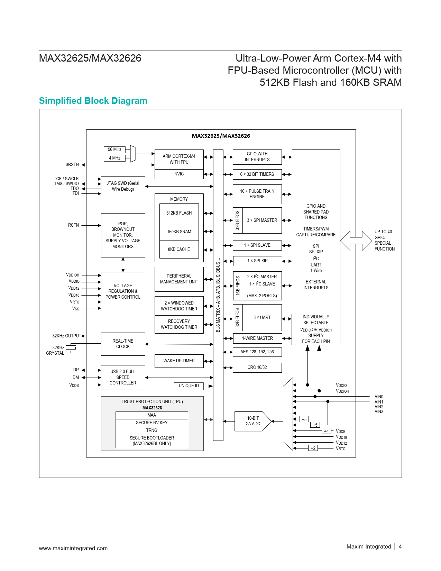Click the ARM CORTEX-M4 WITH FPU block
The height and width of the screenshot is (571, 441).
(179, 159)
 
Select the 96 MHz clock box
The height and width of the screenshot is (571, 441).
(114, 149)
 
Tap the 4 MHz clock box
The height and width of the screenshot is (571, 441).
(114, 158)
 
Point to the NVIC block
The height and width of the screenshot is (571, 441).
(179, 174)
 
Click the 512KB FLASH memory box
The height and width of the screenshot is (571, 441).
(179, 213)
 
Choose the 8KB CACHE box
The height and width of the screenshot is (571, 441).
(179, 249)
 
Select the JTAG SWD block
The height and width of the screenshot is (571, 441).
(123, 186)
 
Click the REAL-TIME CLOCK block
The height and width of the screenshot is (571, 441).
(123, 344)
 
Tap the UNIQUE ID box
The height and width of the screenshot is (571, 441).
(189, 386)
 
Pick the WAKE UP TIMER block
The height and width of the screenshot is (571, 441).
(179, 361)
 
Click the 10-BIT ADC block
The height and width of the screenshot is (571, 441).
(252, 421)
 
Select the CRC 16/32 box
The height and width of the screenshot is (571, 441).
(257, 368)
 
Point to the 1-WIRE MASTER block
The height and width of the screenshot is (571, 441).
(257, 338)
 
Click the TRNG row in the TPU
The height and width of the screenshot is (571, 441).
(151, 430)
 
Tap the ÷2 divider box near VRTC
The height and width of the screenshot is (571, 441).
(313, 448)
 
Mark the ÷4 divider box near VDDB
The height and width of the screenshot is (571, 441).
(326, 431)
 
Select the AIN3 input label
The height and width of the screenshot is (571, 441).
(379, 412)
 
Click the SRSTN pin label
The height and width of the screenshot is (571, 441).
(72, 165)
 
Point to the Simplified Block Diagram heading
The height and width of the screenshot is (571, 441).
(93, 101)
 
